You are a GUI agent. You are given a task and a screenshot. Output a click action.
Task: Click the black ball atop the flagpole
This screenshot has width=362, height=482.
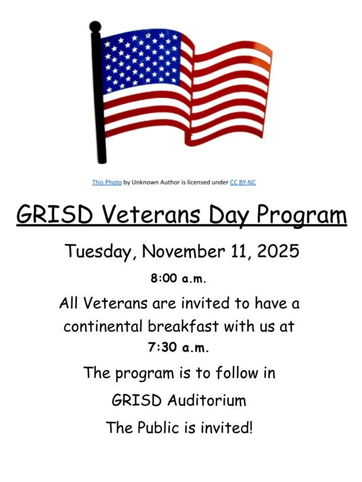[95, 27]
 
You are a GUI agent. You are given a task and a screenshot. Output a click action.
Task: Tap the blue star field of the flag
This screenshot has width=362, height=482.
[141, 60]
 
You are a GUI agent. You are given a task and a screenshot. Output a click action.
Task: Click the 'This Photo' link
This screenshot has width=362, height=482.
[107, 182]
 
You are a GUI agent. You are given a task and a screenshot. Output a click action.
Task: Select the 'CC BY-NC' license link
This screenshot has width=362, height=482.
[243, 182]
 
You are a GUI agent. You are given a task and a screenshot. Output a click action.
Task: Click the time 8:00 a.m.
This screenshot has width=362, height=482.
[178, 278]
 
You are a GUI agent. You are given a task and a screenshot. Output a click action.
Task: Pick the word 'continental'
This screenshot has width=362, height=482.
[103, 326]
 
